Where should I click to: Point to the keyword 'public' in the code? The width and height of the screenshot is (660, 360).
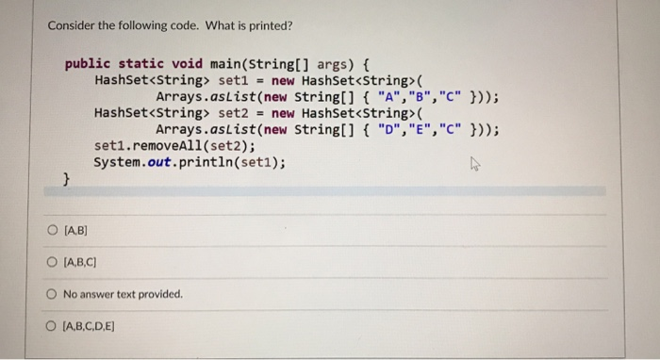[x=86, y=63]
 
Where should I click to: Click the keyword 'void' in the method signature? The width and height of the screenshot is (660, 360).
[x=186, y=63]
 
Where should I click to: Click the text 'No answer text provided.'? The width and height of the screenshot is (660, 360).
[x=122, y=293]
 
